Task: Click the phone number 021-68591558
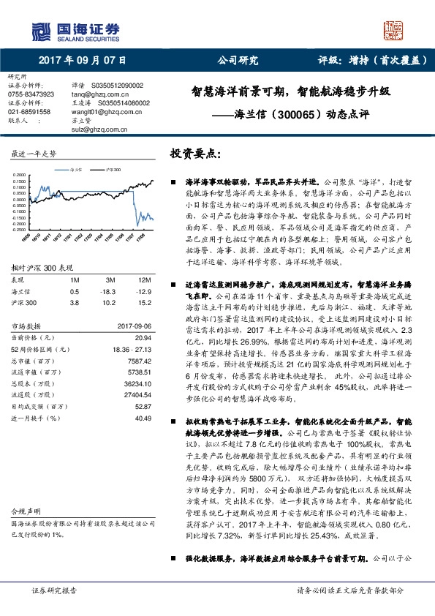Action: coord(29,111)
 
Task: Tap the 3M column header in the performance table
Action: coord(112,280)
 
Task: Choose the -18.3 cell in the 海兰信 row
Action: coord(112,291)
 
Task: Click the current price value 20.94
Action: coord(143,338)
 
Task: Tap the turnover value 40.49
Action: coord(143,418)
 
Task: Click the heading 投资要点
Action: coord(194,154)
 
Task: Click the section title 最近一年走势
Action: coord(34,154)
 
